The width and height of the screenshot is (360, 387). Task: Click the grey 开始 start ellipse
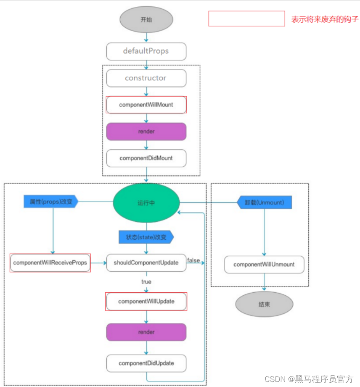click(146, 20)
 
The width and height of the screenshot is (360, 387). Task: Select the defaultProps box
click(146, 51)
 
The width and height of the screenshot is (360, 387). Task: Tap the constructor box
click(146, 78)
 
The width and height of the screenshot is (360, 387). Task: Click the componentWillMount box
click(146, 105)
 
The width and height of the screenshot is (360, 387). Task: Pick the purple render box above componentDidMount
click(146, 131)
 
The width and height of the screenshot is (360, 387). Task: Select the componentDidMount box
click(146, 158)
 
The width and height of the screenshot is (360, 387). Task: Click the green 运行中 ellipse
click(146, 203)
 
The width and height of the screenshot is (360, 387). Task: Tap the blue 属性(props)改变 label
click(51, 202)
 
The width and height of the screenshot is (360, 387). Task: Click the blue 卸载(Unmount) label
click(265, 202)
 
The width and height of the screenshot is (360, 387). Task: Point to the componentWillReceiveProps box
click(50, 262)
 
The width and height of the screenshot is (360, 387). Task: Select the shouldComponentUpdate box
click(146, 262)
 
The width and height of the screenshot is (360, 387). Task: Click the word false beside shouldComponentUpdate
click(193, 260)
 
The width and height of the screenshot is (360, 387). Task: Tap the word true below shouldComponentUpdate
click(146, 281)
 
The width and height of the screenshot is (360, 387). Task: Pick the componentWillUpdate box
click(146, 302)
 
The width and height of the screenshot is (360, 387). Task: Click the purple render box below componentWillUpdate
click(146, 332)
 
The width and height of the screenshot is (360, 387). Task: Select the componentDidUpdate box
click(146, 363)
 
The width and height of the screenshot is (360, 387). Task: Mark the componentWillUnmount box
click(264, 265)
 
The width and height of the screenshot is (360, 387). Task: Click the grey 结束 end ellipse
click(264, 304)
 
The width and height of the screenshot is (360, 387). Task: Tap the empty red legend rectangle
click(247, 19)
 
